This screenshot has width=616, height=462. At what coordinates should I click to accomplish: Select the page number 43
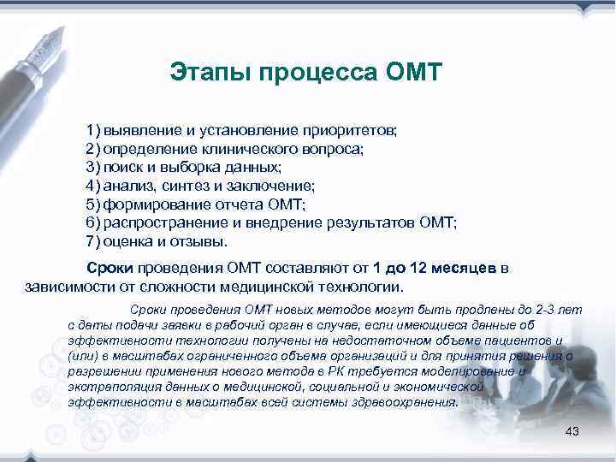coord(572,431)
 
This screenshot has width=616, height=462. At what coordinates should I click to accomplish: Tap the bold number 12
coord(417,268)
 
